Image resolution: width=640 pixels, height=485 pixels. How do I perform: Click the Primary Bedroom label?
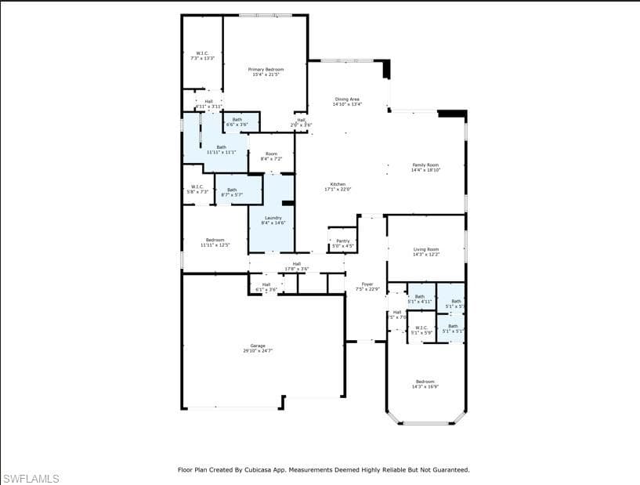[x=266, y=72]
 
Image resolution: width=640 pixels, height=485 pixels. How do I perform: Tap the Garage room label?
[x=257, y=348]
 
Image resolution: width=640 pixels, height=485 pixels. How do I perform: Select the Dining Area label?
[x=347, y=102]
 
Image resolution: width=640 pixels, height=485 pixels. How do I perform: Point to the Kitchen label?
[x=338, y=186]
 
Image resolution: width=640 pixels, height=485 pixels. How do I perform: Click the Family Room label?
[x=425, y=167]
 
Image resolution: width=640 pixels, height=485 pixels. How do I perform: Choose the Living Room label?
[x=425, y=252]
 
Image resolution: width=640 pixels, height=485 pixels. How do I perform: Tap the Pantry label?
[x=342, y=244]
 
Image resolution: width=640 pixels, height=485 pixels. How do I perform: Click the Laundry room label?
[x=273, y=220]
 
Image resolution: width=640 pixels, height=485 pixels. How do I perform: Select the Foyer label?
[x=367, y=287]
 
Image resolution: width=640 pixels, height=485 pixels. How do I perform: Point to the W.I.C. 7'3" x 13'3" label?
[x=202, y=56]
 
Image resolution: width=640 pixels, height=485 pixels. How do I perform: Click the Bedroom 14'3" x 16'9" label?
[x=425, y=384]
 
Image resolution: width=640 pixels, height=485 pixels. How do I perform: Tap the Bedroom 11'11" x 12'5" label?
[x=215, y=242]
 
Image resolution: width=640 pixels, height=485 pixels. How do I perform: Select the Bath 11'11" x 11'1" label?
[x=221, y=150]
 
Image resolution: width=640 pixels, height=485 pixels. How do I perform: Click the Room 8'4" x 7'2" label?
[x=271, y=157]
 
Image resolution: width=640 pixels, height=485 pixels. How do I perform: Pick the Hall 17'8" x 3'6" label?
[x=296, y=266]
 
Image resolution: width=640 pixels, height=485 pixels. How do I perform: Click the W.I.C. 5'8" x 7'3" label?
[x=197, y=189]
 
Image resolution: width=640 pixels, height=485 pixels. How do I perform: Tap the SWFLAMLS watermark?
[x=31, y=478]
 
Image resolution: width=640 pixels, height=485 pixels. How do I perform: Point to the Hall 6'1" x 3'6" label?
[x=266, y=287]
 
